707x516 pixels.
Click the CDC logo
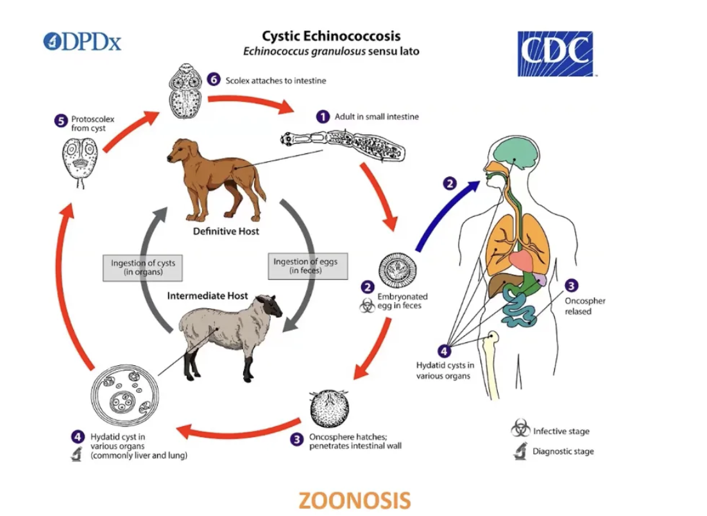coord(555,54)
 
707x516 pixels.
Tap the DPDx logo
coord(82,42)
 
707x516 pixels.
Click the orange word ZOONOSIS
coord(354,500)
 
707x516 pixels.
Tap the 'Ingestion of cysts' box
coord(142,267)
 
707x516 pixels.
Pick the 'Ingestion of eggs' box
coord(305,265)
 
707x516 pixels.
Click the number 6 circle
coord(214,80)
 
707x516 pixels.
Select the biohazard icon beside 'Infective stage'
coord(520,430)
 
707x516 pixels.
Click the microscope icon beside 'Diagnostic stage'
coord(520,451)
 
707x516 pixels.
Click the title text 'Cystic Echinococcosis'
coord(330,36)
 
